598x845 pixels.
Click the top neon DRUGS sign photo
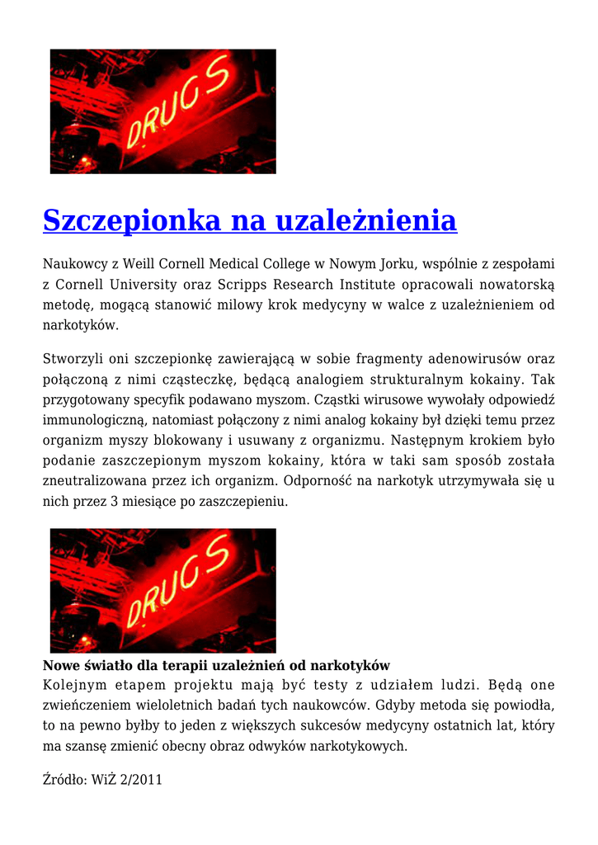[163, 111]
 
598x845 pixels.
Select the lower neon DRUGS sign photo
[163, 591]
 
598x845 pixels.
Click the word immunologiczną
[90, 421]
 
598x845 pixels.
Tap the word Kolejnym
[75, 685]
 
